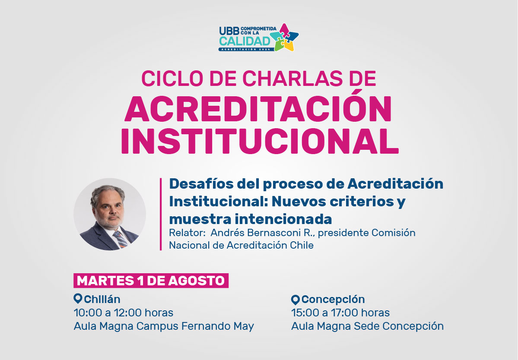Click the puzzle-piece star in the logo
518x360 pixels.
[x=284, y=37]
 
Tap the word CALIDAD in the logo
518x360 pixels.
[x=245, y=41]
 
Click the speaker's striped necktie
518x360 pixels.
[x=120, y=239]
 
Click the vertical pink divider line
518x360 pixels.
[x=161, y=214]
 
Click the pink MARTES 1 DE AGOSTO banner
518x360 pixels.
[x=151, y=281]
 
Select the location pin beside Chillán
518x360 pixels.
[x=78, y=299]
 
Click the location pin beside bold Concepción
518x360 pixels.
[x=296, y=300]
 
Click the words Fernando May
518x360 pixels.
[x=218, y=326]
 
